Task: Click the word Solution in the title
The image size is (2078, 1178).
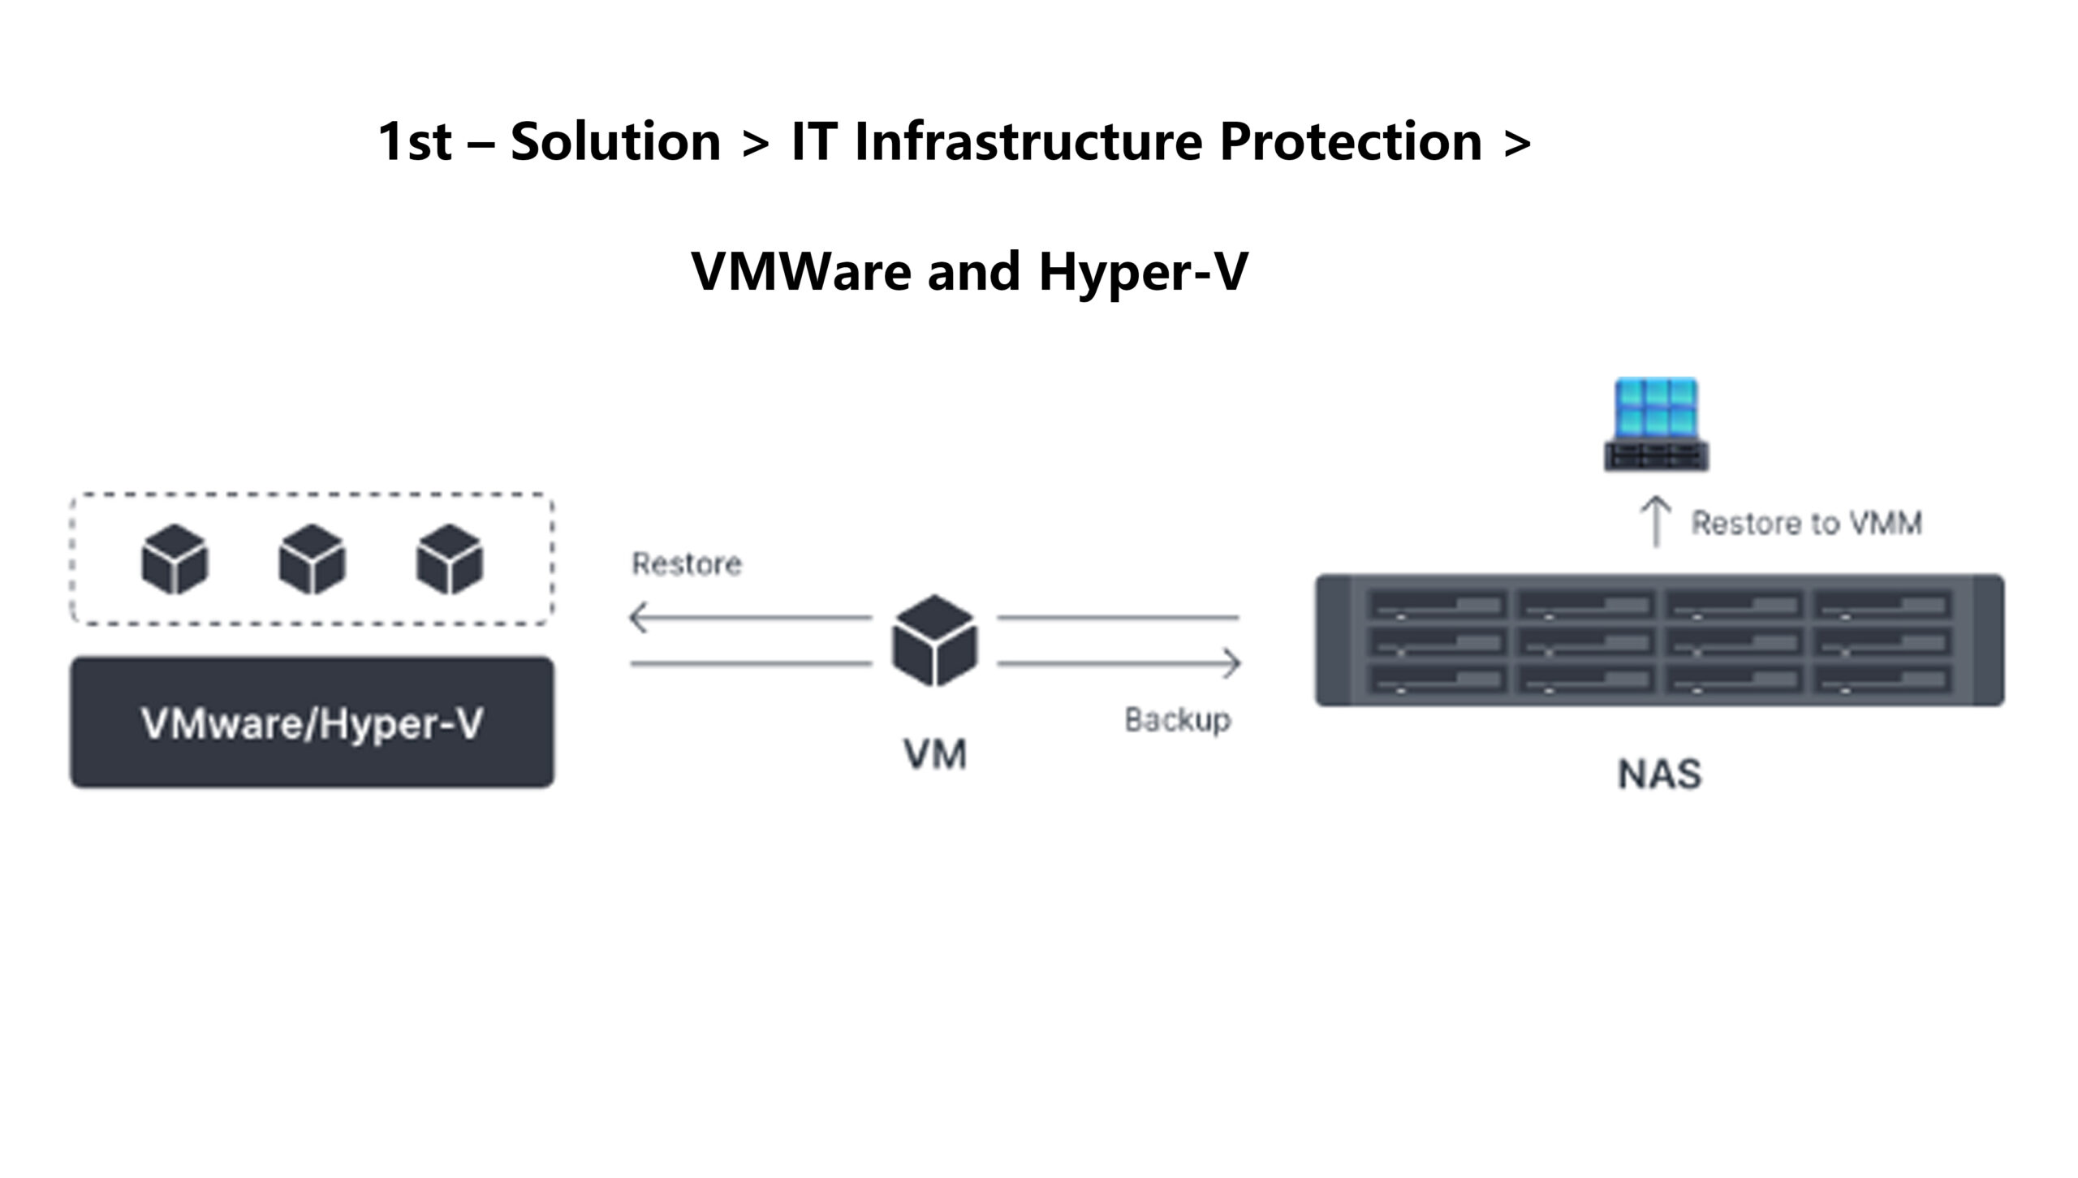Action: pos(615,141)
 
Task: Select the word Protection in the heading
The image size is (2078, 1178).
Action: pos(1351,141)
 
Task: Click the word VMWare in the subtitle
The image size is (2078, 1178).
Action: pos(800,271)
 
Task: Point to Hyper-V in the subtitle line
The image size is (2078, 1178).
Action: pos(1143,271)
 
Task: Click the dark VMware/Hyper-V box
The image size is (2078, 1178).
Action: pos(313,723)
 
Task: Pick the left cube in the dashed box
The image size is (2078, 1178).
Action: pos(175,559)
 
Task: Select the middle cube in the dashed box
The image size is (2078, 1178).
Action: pos(313,559)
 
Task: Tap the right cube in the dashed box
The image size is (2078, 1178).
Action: pos(450,559)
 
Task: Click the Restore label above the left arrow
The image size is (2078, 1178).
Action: pos(687,564)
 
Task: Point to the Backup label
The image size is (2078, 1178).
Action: pos(1177,720)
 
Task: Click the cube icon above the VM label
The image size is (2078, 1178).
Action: pos(934,641)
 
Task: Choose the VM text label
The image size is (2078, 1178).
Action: pos(935,755)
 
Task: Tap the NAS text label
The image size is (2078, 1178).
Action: pos(1660,774)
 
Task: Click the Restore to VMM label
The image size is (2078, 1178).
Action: pos(1806,524)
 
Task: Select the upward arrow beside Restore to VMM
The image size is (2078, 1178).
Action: pos(1656,521)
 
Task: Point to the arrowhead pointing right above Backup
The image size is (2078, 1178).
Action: pos(1232,663)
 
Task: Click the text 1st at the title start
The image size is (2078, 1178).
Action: pos(414,141)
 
